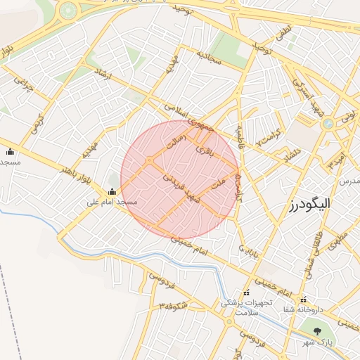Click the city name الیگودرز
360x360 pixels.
tap(309, 204)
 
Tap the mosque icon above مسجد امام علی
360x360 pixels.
tap(112, 192)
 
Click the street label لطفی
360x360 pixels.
tap(284, 32)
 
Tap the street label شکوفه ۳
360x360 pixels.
tap(173, 306)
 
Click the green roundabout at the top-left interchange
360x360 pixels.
tap(68, 11)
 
